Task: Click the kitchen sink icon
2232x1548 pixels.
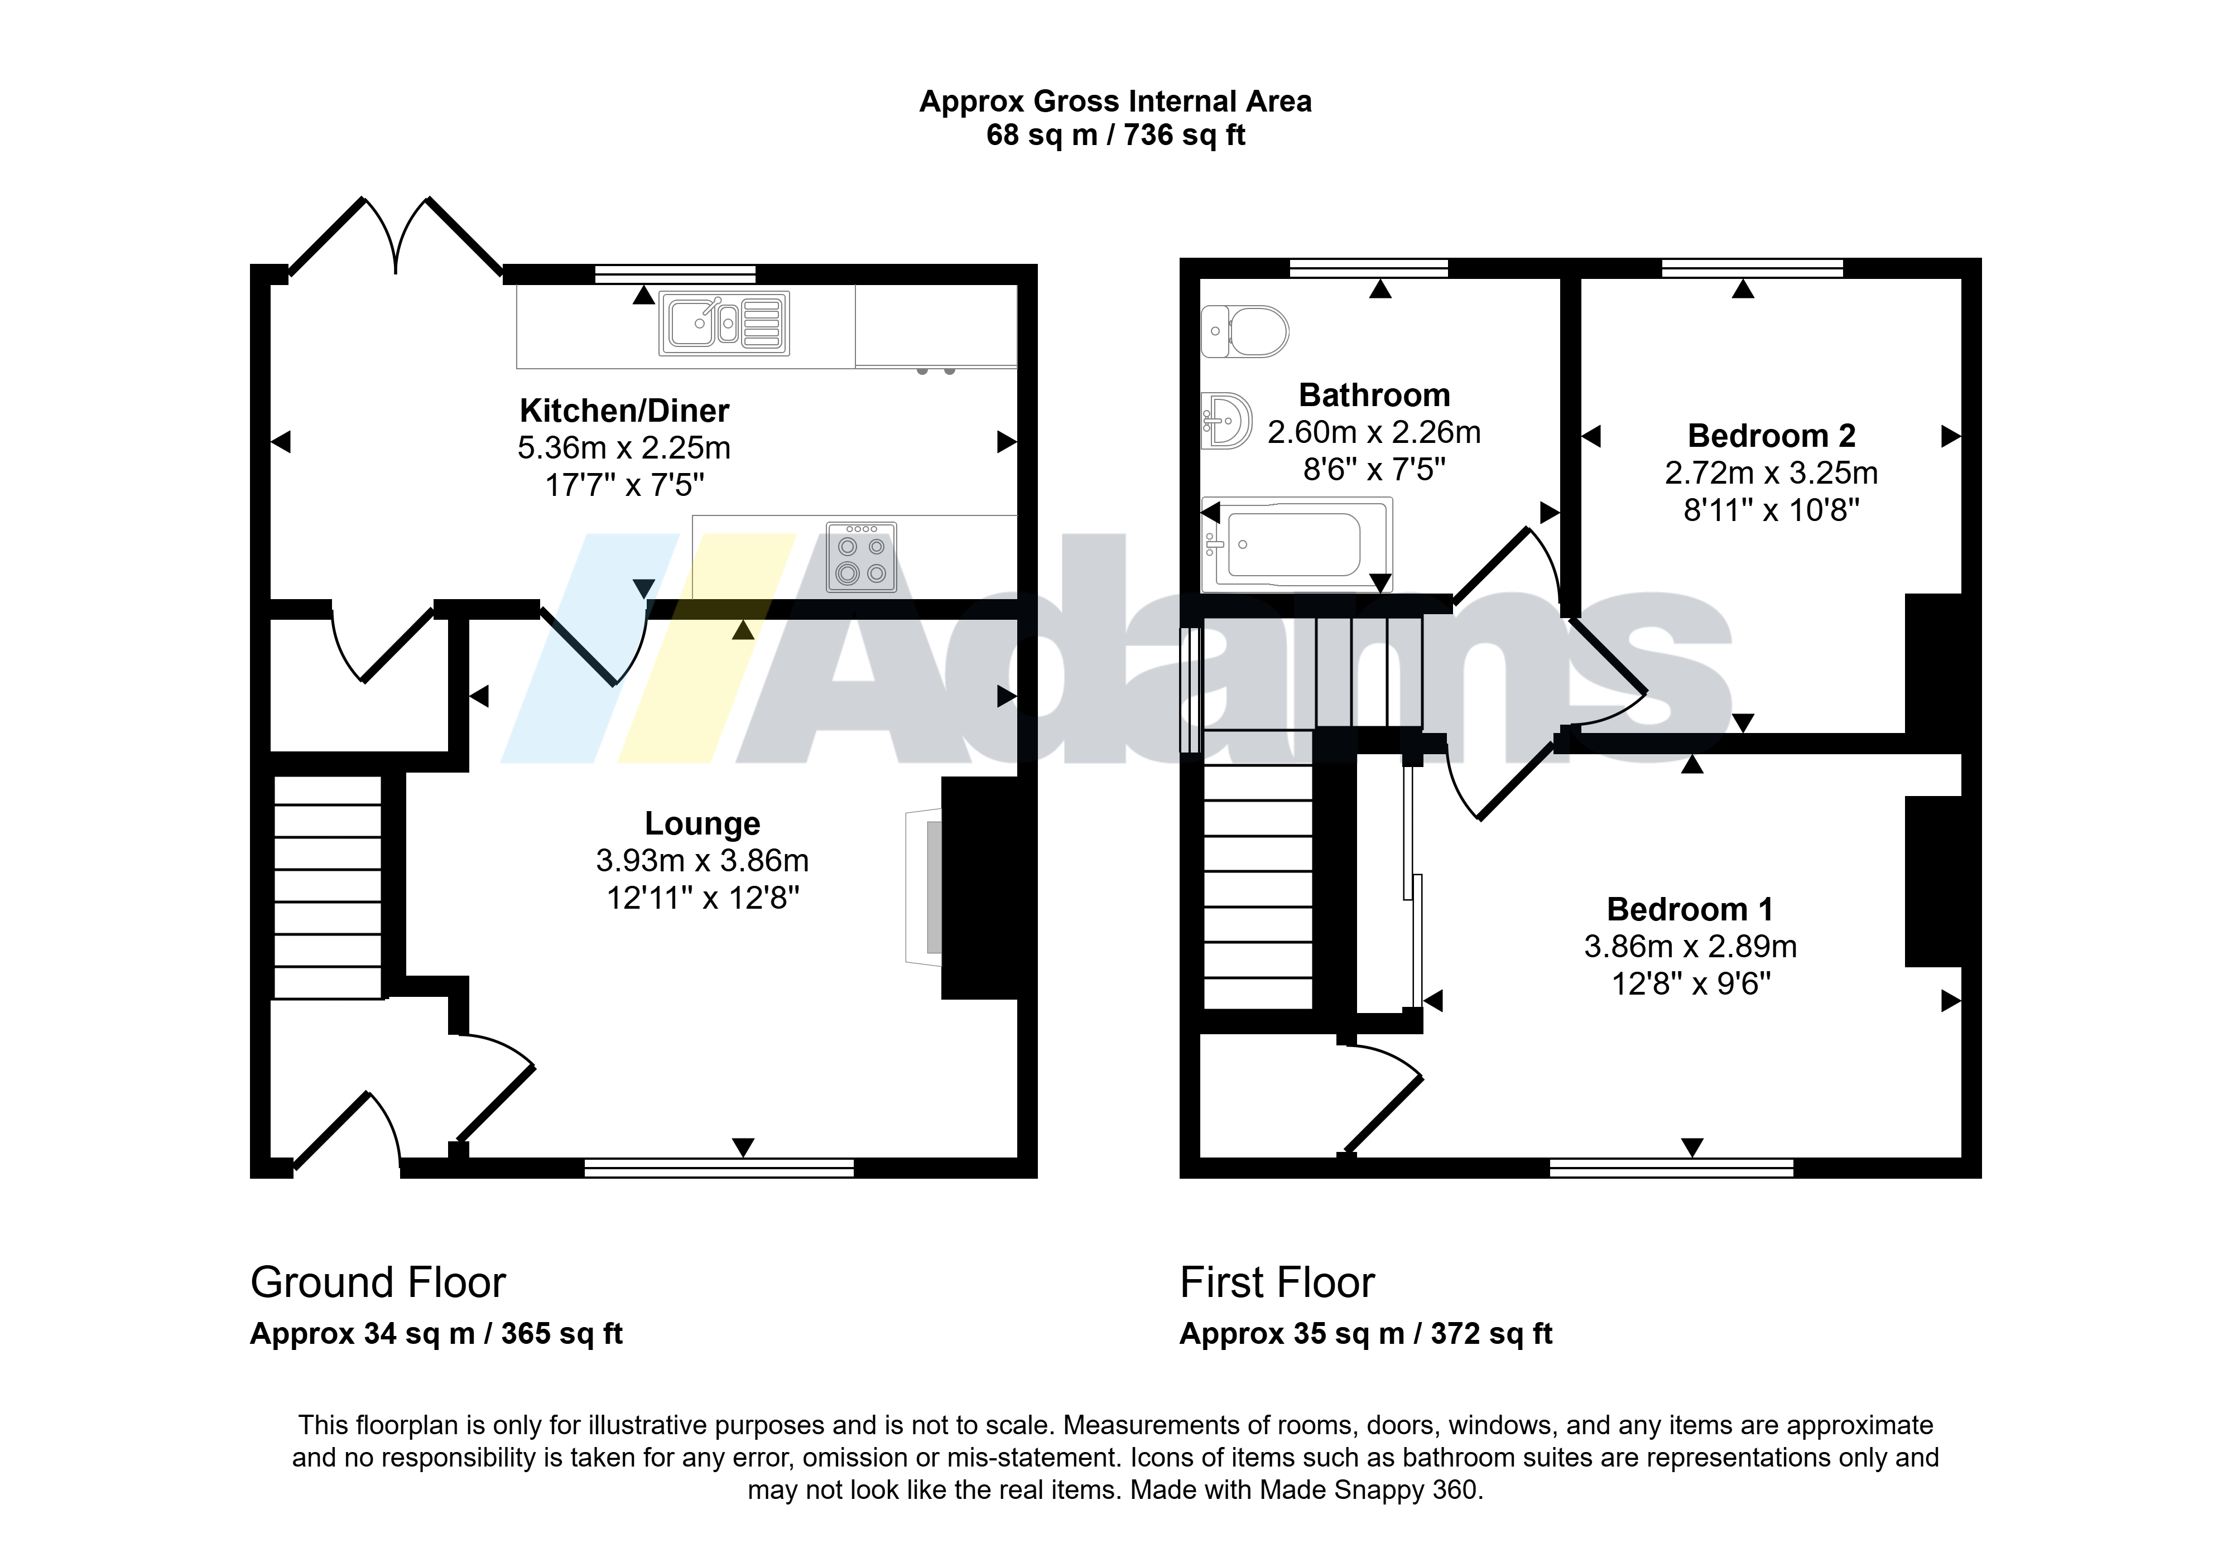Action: [724, 323]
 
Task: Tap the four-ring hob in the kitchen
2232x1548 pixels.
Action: [862, 557]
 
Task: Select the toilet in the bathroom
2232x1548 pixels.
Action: [1244, 331]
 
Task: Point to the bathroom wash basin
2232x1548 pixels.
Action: [1226, 421]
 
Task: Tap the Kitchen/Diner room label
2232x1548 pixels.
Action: [624, 410]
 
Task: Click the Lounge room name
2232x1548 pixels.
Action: [703, 823]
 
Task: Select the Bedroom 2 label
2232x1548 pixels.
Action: [1771, 436]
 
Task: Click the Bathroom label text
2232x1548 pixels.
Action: [1374, 395]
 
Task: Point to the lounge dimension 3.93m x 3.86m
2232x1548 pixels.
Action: [703, 860]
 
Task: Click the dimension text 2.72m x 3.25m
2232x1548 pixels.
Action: [1771, 472]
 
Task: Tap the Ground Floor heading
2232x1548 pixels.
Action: [378, 1282]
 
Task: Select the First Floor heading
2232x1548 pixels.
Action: [1277, 1282]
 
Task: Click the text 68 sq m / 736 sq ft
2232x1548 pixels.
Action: [1115, 135]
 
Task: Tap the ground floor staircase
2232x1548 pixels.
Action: [328, 886]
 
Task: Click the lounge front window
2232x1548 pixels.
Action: [719, 1168]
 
